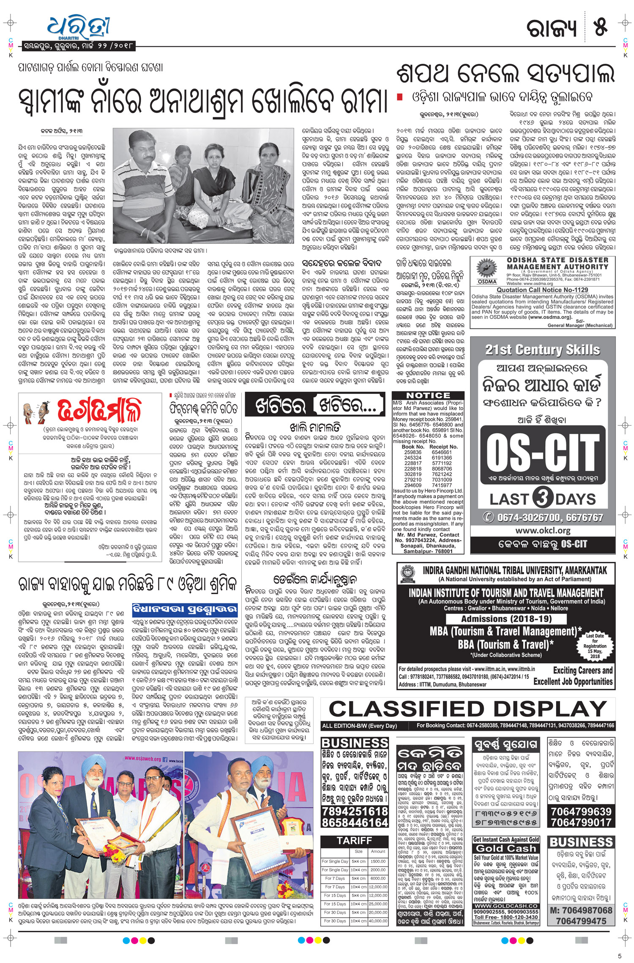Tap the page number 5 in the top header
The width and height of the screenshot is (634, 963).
(600, 26)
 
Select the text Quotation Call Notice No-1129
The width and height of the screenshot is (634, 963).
(542, 290)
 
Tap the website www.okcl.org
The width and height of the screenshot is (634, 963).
(543, 530)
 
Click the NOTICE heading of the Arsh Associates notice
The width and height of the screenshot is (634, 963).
(428, 396)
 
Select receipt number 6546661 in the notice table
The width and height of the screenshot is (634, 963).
(442, 452)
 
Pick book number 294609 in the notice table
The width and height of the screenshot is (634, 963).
(413, 485)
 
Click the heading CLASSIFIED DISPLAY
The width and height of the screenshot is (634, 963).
(468, 709)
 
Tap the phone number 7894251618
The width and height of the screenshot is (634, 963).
(355, 811)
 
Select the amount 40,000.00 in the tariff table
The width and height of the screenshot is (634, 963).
(378, 921)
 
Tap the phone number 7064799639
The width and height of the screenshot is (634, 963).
(581, 811)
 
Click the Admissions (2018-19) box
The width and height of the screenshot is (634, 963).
(506, 619)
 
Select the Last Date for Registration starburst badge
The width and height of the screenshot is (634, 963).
(595, 646)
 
